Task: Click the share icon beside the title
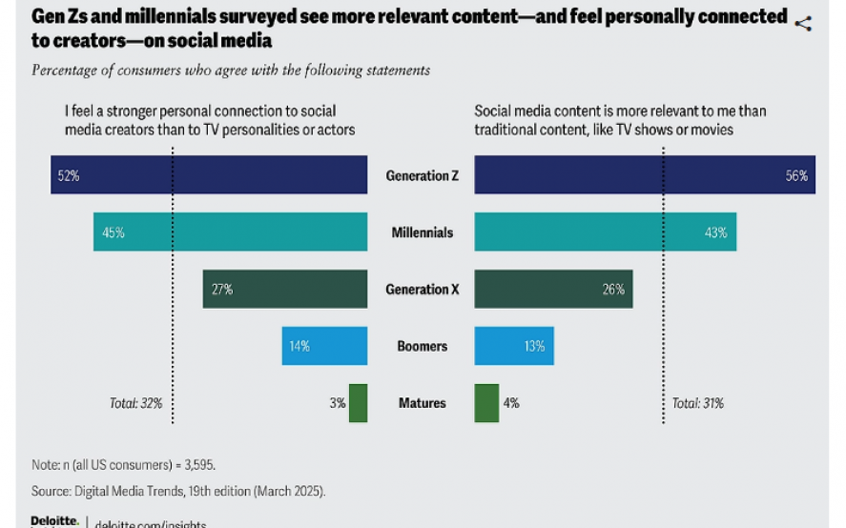(803, 24)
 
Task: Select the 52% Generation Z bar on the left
(209, 175)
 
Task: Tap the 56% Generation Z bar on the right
(644, 175)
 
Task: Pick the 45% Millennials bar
(230, 233)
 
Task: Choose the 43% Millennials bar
(605, 233)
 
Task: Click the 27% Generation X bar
(284, 289)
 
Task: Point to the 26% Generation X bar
(553, 289)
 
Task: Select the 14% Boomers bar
(324, 346)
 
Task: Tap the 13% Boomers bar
(513, 346)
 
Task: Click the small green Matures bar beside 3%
(358, 403)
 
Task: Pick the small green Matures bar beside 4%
(486, 403)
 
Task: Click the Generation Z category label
(421, 176)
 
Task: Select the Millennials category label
(422, 233)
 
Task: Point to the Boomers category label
(422, 347)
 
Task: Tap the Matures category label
(422, 403)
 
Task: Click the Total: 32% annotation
(135, 403)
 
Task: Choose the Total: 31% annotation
(697, 403)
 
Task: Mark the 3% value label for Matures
(337, 403)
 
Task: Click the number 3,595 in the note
(196, 464)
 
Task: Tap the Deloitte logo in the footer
(53, 521)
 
